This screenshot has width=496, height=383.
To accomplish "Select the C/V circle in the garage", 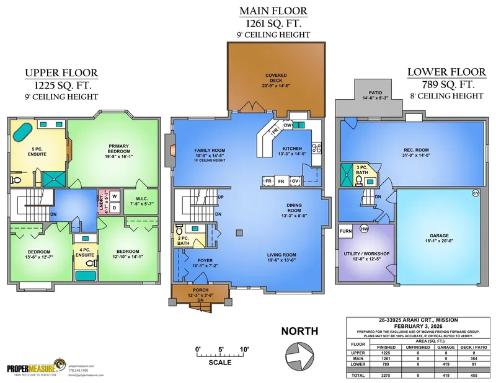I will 476,193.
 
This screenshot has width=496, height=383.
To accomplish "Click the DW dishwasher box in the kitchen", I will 288,125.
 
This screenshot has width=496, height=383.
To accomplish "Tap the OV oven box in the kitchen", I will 296,180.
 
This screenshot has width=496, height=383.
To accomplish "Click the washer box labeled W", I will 115,196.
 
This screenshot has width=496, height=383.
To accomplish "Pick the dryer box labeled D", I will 115,207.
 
